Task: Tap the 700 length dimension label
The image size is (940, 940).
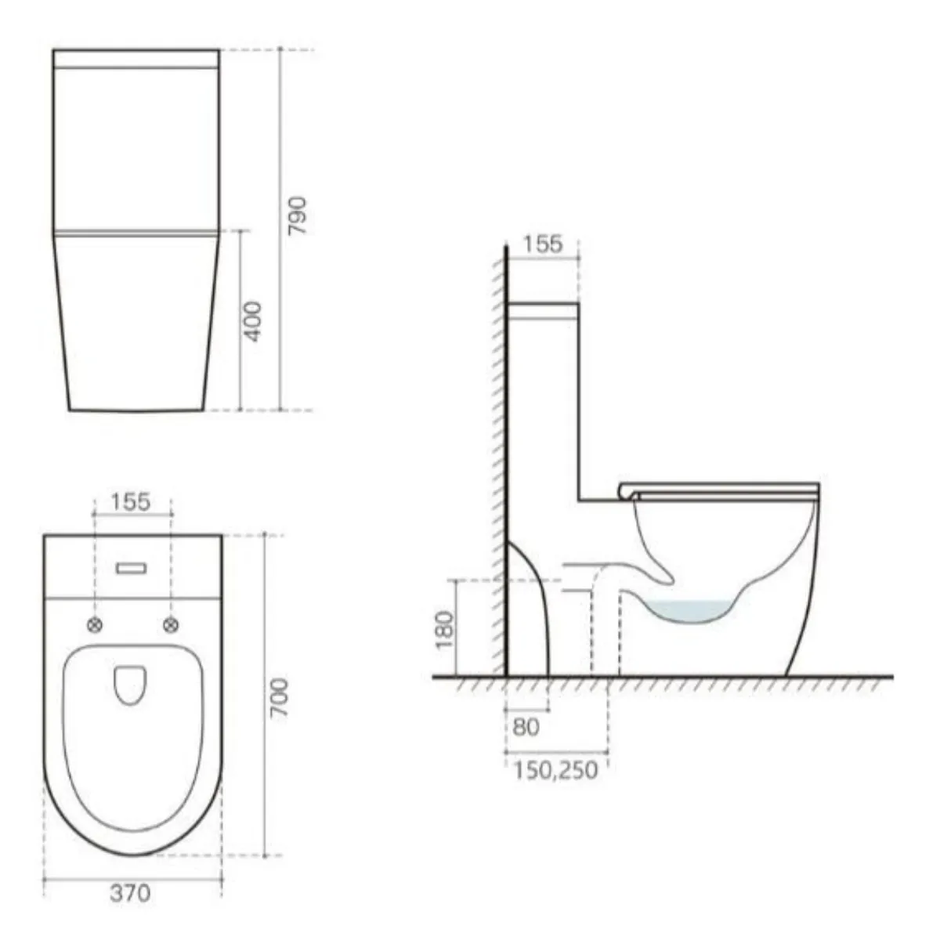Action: (x=280, y=701)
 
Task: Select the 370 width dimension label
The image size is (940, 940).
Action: (x=130, y=893)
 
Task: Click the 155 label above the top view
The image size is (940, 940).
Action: (x=131, y=501)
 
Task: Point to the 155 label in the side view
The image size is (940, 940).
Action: (x=543, y=244)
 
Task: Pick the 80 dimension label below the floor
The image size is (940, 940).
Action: (x=526, y=727)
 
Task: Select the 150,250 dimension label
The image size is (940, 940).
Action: (x=555, y=770)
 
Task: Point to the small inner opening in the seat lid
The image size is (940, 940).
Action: (x=131, y=683)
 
